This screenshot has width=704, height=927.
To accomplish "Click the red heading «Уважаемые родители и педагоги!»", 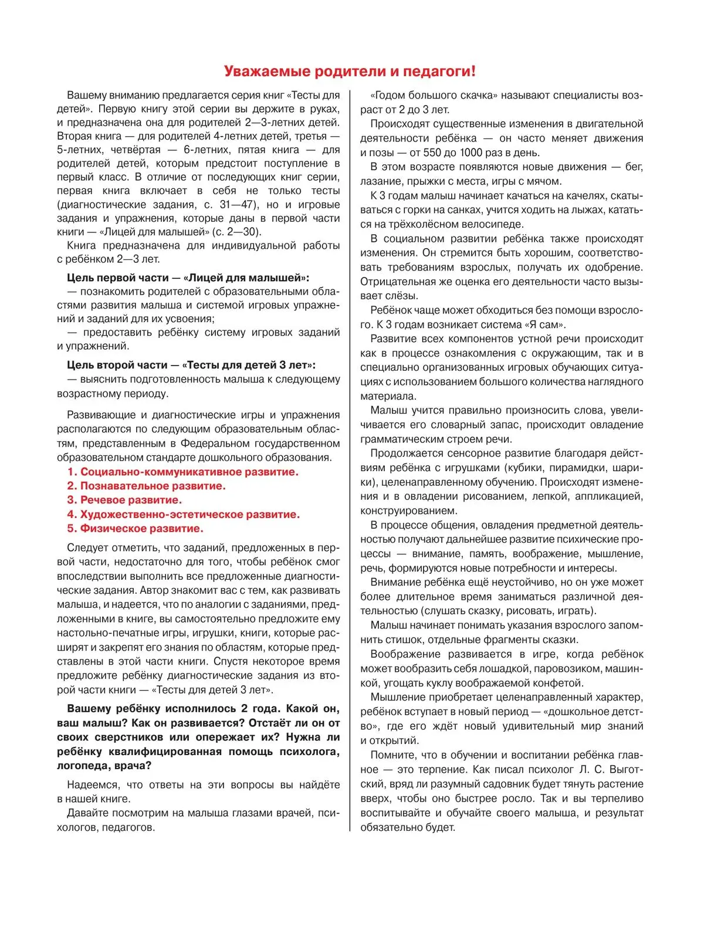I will tap(350, 72).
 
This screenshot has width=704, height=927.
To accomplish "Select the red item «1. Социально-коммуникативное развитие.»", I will tap(182, 472).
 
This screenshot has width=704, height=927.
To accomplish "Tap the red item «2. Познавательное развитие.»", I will tap(146, 486).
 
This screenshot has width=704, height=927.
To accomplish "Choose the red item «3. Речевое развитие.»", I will tap(124, 500).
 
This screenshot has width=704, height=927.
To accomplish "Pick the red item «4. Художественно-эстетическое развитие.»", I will tap(183, 515).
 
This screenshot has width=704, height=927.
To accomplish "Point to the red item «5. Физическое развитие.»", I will tap(135, 529).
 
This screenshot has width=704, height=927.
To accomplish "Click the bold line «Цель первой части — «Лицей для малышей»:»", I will tap(188, 278).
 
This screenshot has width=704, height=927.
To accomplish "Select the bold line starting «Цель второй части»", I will tap(191, 365).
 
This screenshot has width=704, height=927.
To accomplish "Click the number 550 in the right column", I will tap(432, 153).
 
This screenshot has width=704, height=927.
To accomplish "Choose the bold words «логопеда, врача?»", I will tap(104, 766).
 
